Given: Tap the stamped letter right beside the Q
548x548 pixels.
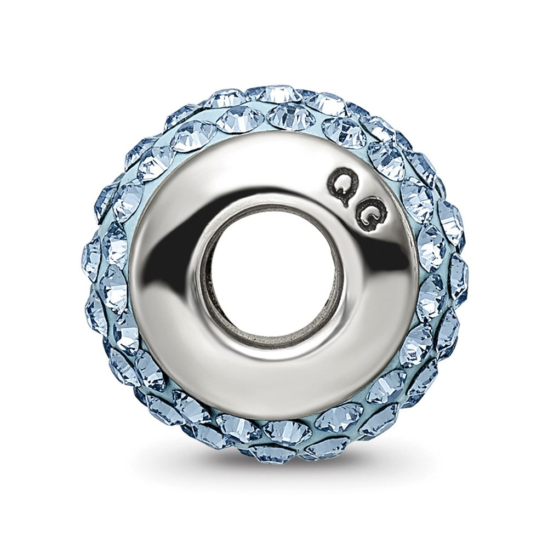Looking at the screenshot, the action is coord(372,218).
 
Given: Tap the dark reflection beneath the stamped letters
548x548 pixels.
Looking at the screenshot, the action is coord(370,259).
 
